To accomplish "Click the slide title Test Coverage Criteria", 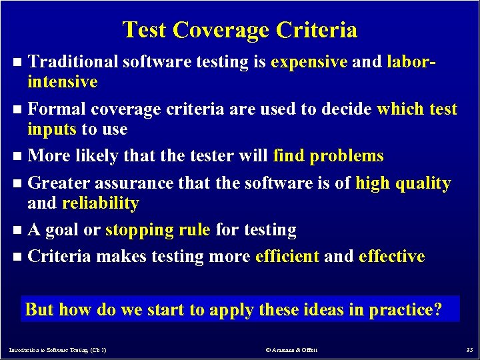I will [240, 30].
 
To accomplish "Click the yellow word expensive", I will [309, 63].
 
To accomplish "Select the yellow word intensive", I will [63, 83].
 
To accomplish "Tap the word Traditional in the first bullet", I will [73, 63].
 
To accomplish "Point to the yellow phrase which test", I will [417, 109].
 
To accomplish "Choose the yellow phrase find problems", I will [329, 156].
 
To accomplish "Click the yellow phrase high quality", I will [403, 183].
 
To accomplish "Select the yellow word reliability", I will [100, 203].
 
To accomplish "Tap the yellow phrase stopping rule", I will [158, 230].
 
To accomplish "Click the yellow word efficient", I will [287, 257].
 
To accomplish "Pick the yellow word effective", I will [391, 257].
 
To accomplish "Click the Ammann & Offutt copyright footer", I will [292, 349].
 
